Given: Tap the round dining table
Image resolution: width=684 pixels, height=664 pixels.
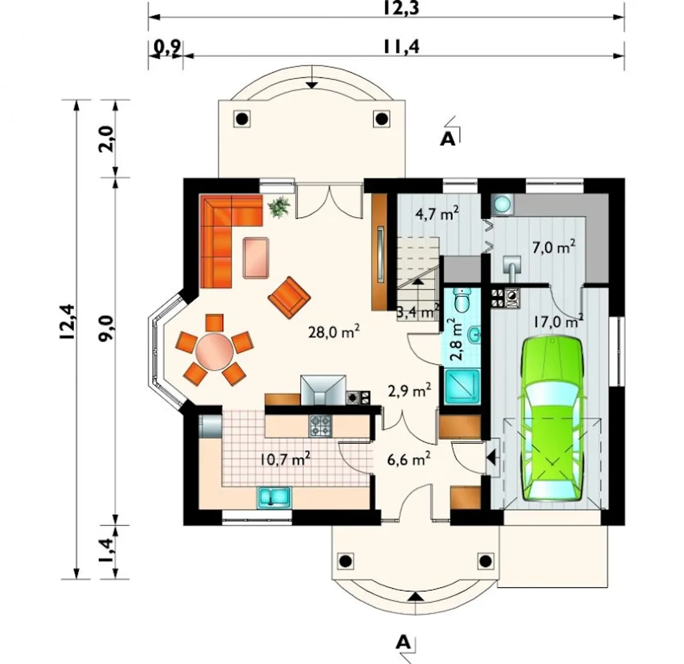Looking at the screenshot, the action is click(x=214, y=351).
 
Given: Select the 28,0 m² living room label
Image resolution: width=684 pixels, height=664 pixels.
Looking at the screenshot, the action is click(x=333, y=331).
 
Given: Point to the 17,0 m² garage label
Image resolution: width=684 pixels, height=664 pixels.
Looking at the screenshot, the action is click(x=558, y=321).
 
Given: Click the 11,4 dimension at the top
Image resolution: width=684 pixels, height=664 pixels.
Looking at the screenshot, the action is click(x=401, y=46).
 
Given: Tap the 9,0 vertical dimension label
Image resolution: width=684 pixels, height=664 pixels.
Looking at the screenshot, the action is click(x=106, y=327).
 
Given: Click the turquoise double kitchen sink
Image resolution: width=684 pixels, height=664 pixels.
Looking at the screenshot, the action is click(x=274, y=497).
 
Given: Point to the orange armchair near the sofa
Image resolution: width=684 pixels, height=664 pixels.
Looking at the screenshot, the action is click(x=289, y=298).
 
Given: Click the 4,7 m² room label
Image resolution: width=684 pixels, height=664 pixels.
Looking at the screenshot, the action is click(x=437, y=213).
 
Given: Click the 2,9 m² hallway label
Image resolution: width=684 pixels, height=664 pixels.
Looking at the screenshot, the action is click(x=409, y=390).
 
